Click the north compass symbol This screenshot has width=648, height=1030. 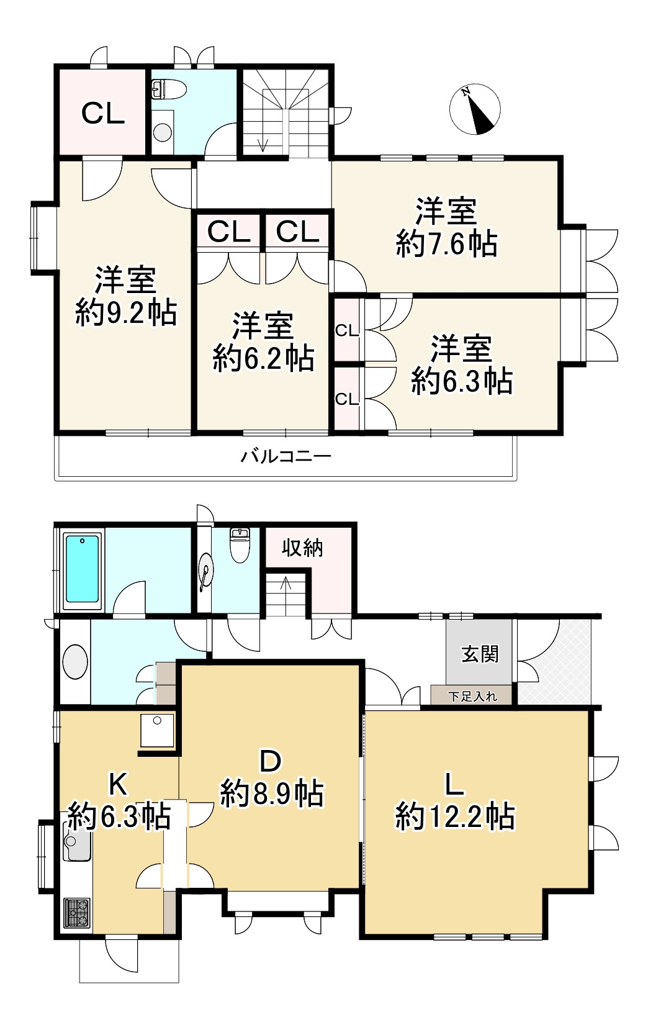tap(475, 109)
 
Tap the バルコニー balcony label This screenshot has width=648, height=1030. tap(286, 456)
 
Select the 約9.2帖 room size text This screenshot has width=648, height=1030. tap(126, 313)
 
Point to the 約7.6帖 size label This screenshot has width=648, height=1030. tap(447, 244)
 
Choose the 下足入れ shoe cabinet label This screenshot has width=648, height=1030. tap(473, 697)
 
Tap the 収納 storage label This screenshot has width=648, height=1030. tap(302, 548)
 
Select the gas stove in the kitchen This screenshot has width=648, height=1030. tap(76, 913)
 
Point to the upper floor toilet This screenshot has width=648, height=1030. tap(168, 89)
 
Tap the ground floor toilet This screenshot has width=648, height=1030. tap(240, 545)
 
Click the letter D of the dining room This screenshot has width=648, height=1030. tap(270, 761)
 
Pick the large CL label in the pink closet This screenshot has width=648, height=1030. tap(103, 112)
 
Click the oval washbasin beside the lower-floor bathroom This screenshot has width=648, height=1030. tap(75, 662)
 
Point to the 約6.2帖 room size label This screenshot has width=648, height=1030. tap(263, 359)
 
